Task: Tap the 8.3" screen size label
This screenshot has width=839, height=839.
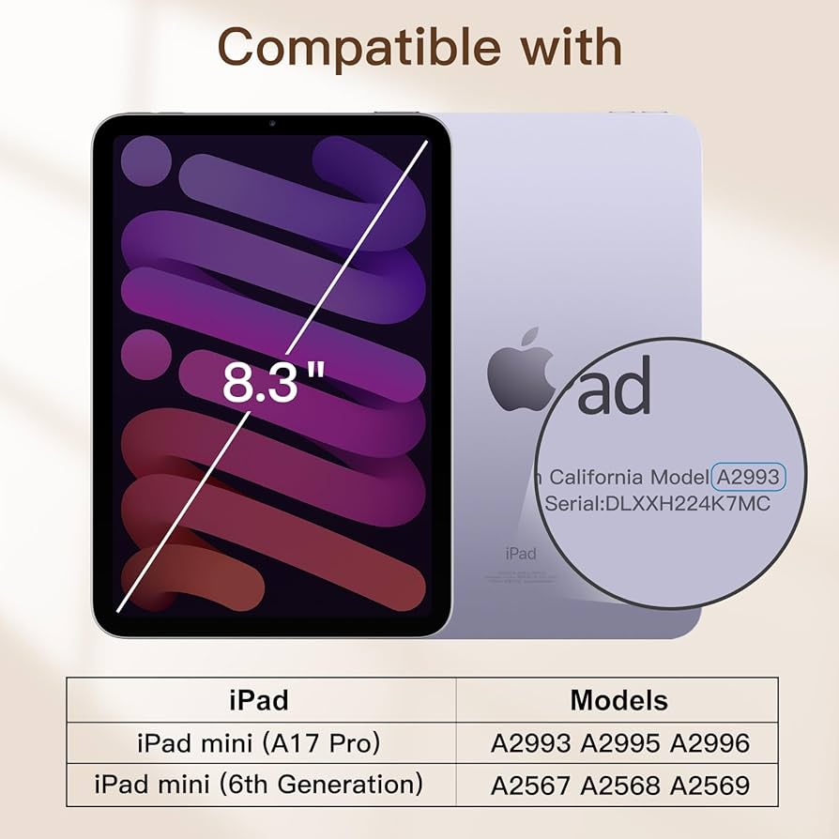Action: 273,383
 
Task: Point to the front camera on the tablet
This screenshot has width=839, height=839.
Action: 271,124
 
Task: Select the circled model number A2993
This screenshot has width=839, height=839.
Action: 748,477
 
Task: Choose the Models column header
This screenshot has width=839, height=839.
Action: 618,700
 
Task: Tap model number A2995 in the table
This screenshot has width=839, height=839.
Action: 620,743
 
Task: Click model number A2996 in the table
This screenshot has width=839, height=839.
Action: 709,743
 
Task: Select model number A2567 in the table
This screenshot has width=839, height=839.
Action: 530,785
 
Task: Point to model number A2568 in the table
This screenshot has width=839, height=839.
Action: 620,785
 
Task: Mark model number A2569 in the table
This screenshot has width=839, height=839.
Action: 709,785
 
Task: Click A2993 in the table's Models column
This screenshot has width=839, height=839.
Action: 530,743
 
